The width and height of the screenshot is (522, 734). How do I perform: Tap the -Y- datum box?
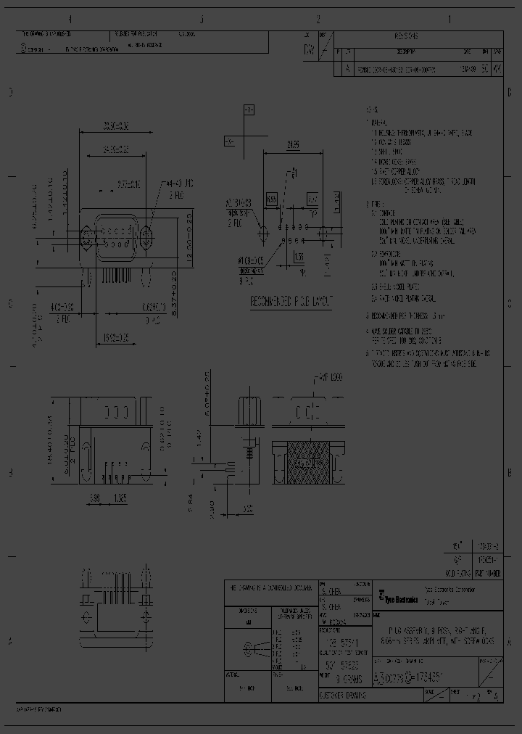(248, 110)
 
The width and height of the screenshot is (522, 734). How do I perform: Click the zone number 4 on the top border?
(70, 20)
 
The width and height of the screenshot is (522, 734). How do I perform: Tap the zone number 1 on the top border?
(449, 20)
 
